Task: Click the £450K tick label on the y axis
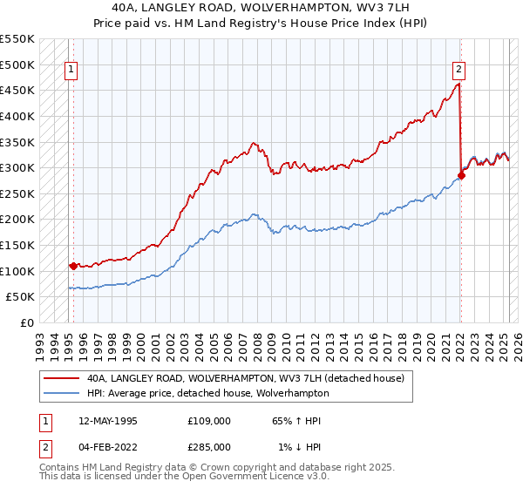pos(17,90)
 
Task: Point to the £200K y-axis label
pos(17,219)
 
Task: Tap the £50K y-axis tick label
pos(20,296)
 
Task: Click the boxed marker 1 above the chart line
pos(71,71)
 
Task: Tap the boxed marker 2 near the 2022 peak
pos(458,71)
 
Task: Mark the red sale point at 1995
pos(73,266)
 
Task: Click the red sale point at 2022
pos(461,175)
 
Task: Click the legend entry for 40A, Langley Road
pos(245,379)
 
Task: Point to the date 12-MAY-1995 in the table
pos(107,421)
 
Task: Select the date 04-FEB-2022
pos(107,448)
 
